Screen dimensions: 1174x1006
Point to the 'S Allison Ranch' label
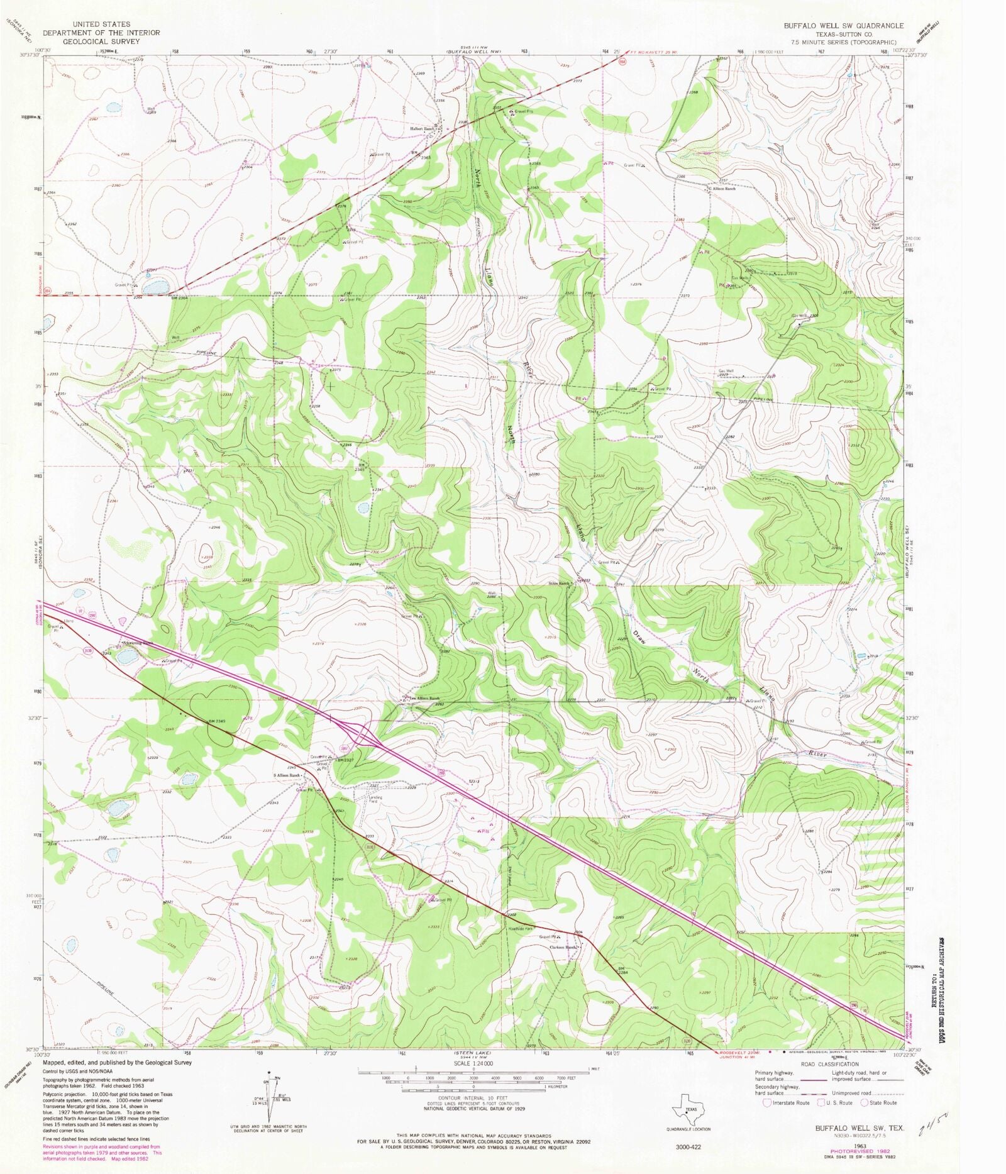287,775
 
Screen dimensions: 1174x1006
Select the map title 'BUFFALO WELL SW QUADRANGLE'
843,26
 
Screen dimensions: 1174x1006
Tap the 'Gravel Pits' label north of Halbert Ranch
527,111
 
